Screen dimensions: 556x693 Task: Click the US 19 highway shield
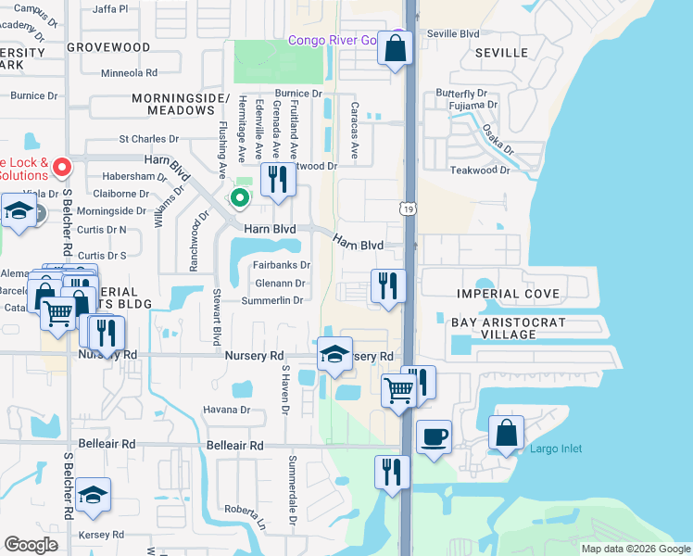tap(408, 210)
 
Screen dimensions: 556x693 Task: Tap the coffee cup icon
tap(433, 436)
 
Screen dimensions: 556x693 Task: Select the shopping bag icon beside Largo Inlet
tap(506, 433)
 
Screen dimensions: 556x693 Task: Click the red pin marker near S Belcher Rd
tap(62, 168)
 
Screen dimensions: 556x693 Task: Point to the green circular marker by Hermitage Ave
tap(239, 197)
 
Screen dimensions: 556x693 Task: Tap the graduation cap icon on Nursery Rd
tap(334, 355)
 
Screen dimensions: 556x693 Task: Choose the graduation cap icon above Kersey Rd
tap(93, 496)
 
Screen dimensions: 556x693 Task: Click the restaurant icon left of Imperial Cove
tap(388, 284)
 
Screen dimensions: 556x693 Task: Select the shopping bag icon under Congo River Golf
tap(396, 50)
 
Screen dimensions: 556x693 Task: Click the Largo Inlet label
tap(556, 449)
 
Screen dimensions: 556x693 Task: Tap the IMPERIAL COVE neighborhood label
tap(508, 294)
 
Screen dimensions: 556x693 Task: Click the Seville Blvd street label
tap(453, 33)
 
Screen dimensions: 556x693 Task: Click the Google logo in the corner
tap(31, 544)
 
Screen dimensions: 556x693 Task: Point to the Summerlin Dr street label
tap(272, 300)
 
